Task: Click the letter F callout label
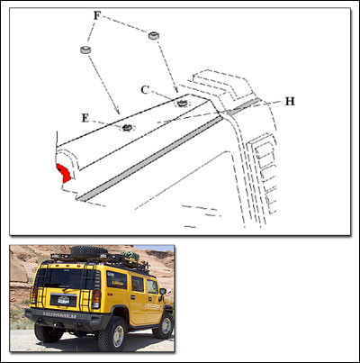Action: click(x=97, y=16)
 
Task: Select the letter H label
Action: click(x=289, y=101)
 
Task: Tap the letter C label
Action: click(x=145, y=88)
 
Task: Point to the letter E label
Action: click(x=85, y=117)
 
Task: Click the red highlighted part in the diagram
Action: click(x=62, y=172)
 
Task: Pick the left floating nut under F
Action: click(x=86, y=50)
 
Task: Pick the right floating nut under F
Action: click(x=154, y=34)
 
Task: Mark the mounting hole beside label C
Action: click(x=182, y=103)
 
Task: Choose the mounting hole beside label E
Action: click(x=127, y=127)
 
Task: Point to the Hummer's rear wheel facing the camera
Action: click(x=112, y=333)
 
